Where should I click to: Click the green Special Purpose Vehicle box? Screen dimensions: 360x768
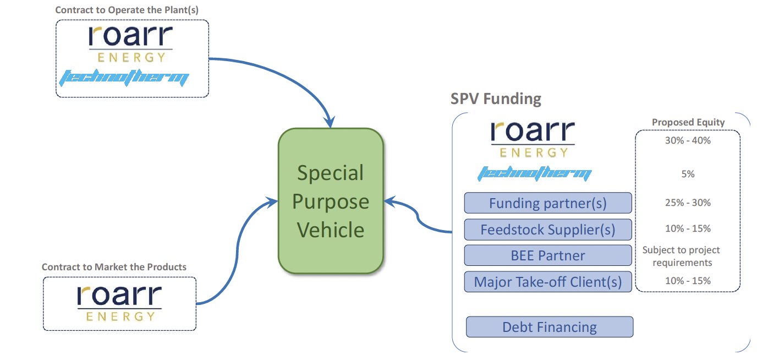click(330, 201)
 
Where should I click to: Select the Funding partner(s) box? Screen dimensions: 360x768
click(548, 203)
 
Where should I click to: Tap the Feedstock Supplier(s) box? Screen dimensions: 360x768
click(548, 230)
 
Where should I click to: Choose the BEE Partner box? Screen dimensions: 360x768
click(548, 255)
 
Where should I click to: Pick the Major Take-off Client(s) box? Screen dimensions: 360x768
click(548, 282)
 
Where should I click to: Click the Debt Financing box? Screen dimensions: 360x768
click(550, 327)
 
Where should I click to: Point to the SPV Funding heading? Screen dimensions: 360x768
click(496, 99)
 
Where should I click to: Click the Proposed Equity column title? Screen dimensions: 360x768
click(688, 122)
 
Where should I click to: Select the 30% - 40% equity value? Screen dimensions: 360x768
click(688, 140)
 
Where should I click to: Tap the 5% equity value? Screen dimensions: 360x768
click(688, 174)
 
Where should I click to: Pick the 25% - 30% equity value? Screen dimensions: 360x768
click(688, 203)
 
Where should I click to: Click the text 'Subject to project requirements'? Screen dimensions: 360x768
click(682, 256)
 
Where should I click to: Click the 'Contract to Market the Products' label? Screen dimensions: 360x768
click(114, 267)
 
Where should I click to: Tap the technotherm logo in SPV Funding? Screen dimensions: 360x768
click(534, 174)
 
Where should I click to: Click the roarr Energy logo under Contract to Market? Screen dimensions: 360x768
click(119, 303)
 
